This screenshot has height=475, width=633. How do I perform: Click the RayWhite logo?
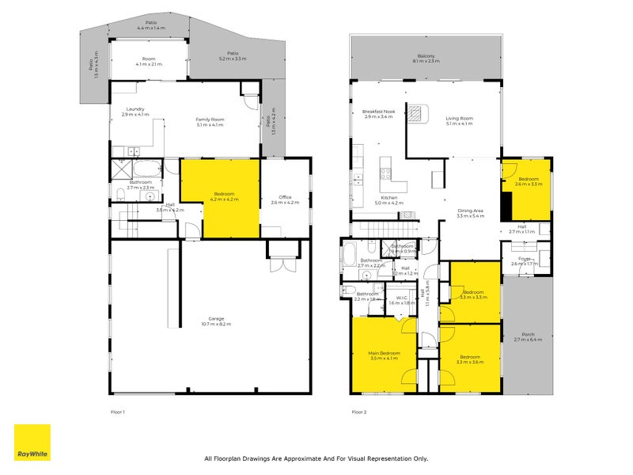(32, 443)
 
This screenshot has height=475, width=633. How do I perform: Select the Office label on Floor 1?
(286, 197)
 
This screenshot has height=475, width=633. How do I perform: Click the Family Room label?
(210, 119)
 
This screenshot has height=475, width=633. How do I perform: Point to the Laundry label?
(135, 110)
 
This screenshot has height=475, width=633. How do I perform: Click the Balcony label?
(425, 56)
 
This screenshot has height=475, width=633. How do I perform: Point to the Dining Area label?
(470, 209)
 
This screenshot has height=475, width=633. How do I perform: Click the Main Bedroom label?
(384, 353)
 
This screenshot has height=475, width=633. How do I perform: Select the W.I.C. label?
(402, 298)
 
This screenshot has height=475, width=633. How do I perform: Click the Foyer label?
(524, 258)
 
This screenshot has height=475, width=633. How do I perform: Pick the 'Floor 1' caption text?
(118, 412)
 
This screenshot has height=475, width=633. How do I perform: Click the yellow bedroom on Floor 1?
(220, 198)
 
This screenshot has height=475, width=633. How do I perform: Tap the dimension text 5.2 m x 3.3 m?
(232, 59)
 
